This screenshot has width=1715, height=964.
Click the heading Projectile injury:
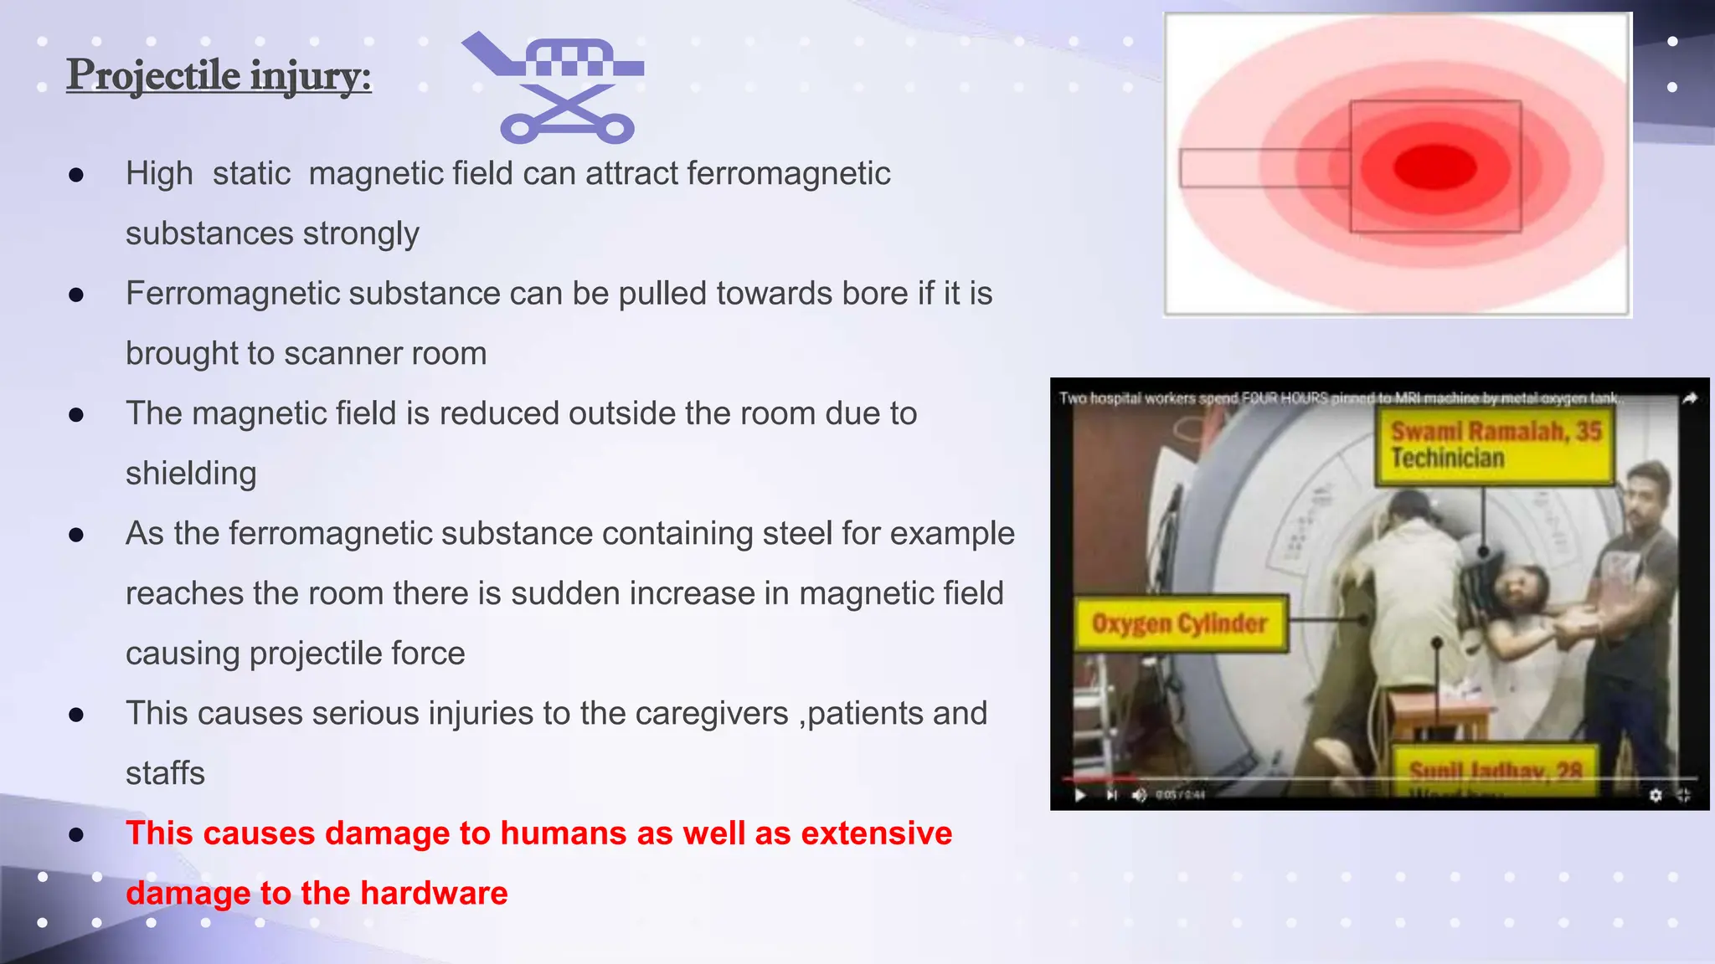219,76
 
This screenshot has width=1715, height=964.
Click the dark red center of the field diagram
1434,167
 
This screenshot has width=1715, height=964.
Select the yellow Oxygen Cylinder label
1180,624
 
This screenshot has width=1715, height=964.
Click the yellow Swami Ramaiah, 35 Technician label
1496,445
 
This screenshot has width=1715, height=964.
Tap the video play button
1080,795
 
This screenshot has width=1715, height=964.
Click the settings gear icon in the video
1656,795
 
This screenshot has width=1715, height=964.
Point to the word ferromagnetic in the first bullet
788,174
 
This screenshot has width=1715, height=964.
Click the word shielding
191,474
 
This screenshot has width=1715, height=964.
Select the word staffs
165,773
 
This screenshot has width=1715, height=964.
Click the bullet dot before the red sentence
76,834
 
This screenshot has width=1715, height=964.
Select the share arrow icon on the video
1689,398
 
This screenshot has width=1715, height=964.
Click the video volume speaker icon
1138,795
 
